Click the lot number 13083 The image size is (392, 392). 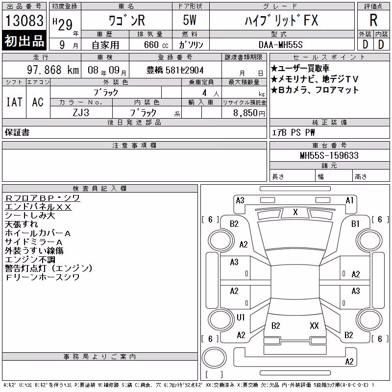tap(24, 20)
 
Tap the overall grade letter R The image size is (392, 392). tap(373, 20)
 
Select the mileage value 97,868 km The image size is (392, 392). tap(53, 70)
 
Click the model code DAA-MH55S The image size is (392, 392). tap(280, 45)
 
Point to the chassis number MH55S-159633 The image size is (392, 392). tap(329, 155)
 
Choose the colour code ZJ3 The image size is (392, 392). tap(81, 113)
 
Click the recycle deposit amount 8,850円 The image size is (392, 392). tap(249, 113)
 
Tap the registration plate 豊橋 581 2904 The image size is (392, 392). tap(175, 70)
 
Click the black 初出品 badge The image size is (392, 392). tap(24, 41)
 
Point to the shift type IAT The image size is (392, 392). tap(14, 102)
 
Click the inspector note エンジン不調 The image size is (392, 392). tap(30, 260)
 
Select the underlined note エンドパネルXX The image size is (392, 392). tap(38, 207)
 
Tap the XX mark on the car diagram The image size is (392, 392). tap(314, 325)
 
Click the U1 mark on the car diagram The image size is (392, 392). tap(241, 317)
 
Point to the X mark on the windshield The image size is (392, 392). tap(295, 212)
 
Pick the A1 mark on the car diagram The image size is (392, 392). tap(349, 200)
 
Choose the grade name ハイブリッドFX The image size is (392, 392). tap(281, 21)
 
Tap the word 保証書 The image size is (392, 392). tap(17, 132)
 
